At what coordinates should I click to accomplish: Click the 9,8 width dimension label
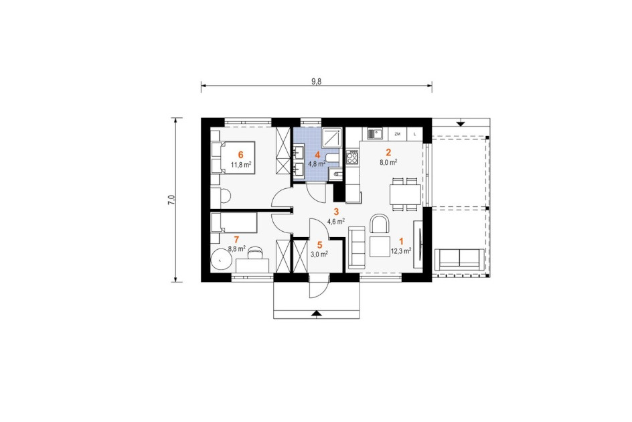click(317, 80)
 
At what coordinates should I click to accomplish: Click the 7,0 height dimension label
click(171, 200)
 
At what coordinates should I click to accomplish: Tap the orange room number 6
click(240, 155)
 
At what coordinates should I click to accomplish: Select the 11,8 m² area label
click(241, 165)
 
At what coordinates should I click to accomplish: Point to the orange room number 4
click(317, 155)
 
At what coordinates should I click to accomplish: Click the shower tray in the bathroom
click(331, 137)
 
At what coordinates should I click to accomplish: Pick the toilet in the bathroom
click(333, 158)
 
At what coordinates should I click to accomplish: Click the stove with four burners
click(352, 157)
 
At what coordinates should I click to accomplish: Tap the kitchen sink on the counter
click(375, 133)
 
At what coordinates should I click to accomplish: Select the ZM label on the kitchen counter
click(398, 133)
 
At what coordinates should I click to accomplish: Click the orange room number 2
click(388, 152)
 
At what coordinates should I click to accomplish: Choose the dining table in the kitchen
click(405, 194)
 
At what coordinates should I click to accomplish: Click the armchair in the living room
click(380, 224)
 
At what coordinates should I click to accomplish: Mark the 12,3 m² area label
click(401, 251)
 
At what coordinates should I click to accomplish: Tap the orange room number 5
click(320, 245)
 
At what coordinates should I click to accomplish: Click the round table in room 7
click(222, 260)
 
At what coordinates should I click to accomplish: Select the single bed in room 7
click(234, 223)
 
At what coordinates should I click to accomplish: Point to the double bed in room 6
click(233, 157)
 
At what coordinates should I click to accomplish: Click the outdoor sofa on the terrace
click(459, 259)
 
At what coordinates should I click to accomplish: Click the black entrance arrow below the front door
click(317, 312)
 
